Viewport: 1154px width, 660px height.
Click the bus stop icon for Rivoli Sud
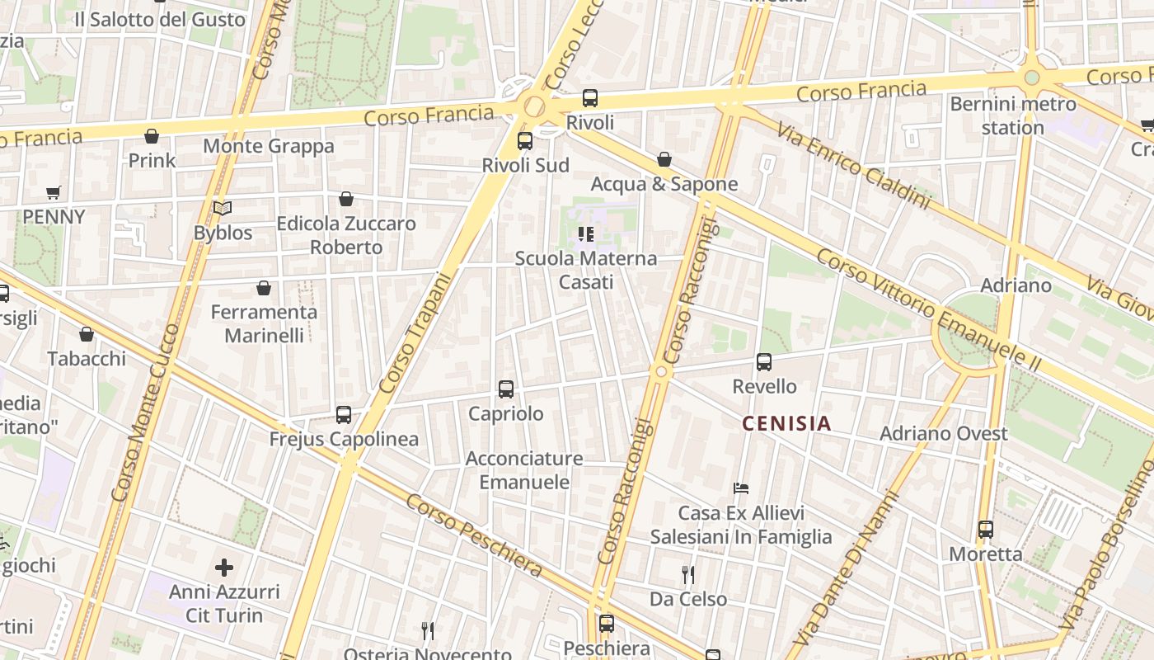point(525,141)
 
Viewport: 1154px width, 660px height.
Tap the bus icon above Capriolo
point(506,389)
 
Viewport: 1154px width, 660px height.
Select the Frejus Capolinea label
point(344,439)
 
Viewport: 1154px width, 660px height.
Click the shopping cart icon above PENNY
point(54,193)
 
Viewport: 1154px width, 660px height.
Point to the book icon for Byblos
point(223,209)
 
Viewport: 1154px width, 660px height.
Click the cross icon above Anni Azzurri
point(223,568)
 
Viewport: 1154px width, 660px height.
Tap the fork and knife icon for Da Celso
point(688,575)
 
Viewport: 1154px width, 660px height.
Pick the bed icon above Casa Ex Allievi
point(741,488)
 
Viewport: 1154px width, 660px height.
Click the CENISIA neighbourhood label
point(786,424)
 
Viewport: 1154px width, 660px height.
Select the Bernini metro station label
point(1013,116)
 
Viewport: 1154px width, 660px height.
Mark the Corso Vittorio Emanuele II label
point(928,309)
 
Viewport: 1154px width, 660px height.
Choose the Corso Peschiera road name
point(474,535)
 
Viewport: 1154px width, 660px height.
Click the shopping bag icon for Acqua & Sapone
point(664,159)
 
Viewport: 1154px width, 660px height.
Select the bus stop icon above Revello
point(764,362)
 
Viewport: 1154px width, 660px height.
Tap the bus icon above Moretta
point(986,530)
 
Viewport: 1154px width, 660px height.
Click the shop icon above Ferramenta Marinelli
point(264,288)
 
